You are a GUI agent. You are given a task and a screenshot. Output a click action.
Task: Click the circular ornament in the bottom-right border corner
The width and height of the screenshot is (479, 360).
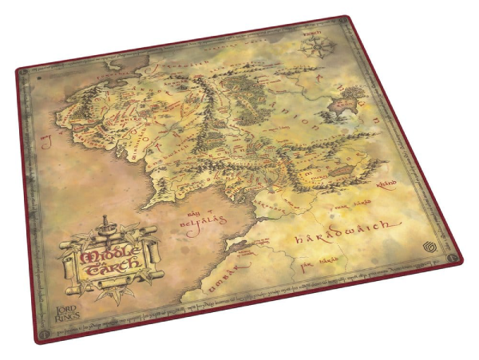pos(454,259)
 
